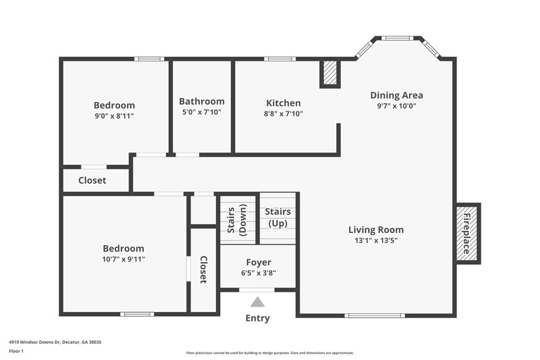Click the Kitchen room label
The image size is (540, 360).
click(283, 103)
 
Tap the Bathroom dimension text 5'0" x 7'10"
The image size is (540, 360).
click(201, 112)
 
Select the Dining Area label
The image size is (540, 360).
click(397, 95)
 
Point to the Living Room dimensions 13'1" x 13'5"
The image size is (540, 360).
click(376, 240)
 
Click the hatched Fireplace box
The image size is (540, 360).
click(466, 233)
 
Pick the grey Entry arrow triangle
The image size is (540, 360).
click(257, 302)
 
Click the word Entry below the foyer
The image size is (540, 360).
click(257, 318)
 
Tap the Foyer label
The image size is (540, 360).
click(258, 262)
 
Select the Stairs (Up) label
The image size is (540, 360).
click(277, 217)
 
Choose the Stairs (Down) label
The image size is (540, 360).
click(236, 219)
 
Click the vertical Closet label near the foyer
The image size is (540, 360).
click(202, 269)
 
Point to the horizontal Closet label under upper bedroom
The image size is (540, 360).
click(92, 180)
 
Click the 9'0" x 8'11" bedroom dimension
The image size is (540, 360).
click(114, 116)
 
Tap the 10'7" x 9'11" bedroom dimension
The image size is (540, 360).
click(124, 259)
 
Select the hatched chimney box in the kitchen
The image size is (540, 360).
click(329, 74)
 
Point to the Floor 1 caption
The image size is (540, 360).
click(16, 352)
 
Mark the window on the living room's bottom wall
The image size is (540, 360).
click(375, 315)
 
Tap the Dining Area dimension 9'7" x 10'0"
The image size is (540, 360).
click(397, 106)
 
